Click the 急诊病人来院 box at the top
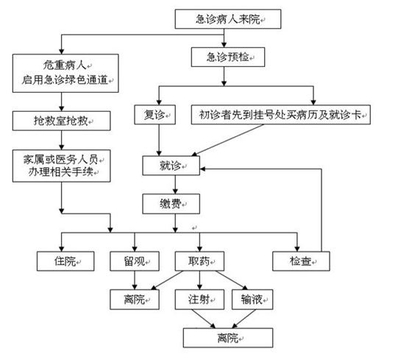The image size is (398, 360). (x=228, y=19)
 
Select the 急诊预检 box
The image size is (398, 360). (x=228, y=57)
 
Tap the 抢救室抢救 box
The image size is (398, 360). (x=61, y=121)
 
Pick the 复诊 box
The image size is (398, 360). (x=154, y=115)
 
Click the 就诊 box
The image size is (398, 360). (x=171, y=166)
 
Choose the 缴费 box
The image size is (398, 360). (x=171, y=204)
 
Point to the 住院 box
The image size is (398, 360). (x=65, y=261)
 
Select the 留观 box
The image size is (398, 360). (x=135, y=261)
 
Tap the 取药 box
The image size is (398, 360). (x=199, y=261)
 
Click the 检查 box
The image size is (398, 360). (x=301, y=261)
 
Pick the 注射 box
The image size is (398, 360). (x=199, y=300)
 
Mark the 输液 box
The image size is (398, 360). (x=252, y=300)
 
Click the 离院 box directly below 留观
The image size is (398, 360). (x=135, y=300)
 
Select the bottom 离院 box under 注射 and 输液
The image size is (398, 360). (x=228, y=338)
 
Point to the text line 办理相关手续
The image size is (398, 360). (x=60, y=172)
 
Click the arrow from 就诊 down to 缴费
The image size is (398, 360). (x=175, y=185)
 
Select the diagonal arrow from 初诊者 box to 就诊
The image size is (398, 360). (x=227, y=140)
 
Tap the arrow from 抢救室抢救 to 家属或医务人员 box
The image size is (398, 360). (x=61, y=140)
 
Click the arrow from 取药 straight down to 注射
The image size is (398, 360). (x=199, y=280)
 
